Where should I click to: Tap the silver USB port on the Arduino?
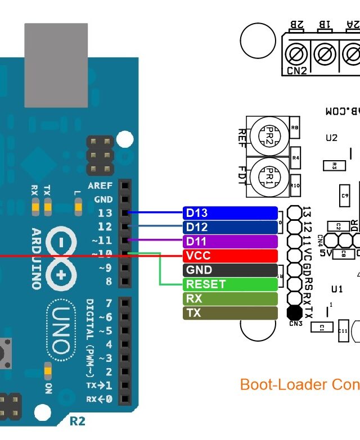coord(56,65)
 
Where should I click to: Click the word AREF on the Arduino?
coord(100,185)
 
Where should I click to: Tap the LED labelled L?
coord(77,208)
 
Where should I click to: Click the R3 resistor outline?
coord(334,165)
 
